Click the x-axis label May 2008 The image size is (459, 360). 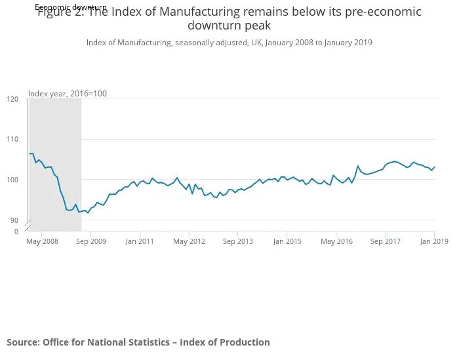tap(42, 241)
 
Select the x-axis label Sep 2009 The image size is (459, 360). tap(90, 241)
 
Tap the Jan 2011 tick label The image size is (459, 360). tap(140, 241)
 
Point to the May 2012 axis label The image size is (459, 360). tap(189, 241)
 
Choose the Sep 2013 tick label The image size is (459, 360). tap(238, 241)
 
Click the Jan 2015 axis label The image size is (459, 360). tap(287, 241)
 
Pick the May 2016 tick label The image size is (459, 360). tap(336, 241)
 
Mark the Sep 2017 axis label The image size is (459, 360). tap(385, 241)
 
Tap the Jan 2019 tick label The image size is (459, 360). tap(434, 241)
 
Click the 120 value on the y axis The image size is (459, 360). tap(12, 99)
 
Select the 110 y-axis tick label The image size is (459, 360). tap(12, 140)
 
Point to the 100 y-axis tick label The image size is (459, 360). tap(12, 180)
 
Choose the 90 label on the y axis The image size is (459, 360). tap(14, 220)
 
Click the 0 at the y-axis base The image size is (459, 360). tap(16, 231)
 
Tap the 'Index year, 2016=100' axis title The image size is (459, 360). tap(68, 94)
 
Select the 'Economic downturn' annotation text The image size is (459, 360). tap(71, 7)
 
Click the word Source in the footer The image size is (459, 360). tap(22, 342)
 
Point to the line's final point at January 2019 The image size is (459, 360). tap(434, 167)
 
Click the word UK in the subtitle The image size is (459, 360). tap(254, 43)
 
